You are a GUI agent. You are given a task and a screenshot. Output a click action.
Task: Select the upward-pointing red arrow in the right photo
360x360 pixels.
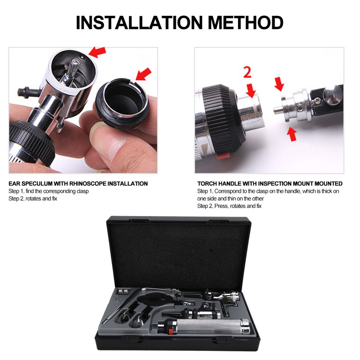click(x=292, y=134)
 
